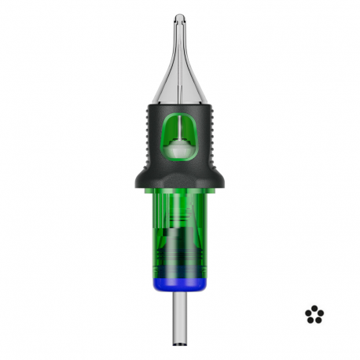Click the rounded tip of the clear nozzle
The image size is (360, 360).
tap(180, 18)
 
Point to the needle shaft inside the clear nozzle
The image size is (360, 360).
tap(180, 55)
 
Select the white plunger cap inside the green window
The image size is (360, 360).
tap(180, 146)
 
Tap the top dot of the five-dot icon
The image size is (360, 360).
tap(314, 308)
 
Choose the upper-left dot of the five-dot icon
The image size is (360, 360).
tap(309, 313)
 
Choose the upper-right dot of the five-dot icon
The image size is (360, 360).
tap(320, 313)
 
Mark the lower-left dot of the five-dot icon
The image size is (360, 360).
tap(311, 320)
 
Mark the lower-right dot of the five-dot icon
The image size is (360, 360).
tap(318, 320)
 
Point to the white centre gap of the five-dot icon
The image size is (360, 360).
tap(314, 315)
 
